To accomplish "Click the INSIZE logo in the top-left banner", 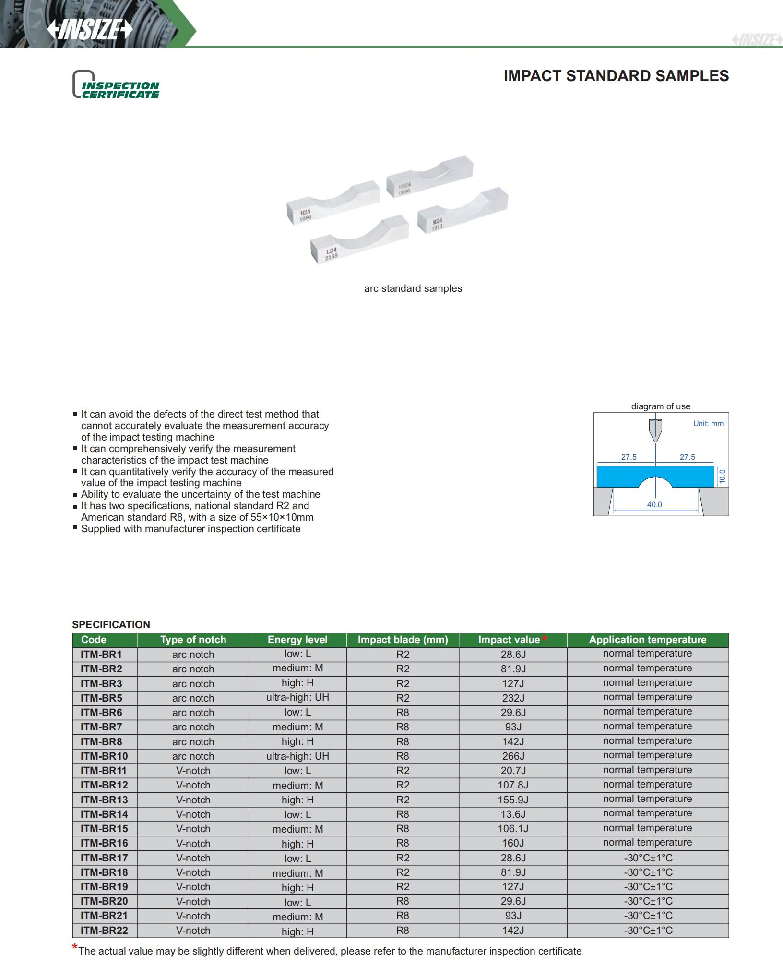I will [x=90, y=30].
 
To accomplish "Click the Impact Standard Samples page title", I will [x=616, y=76].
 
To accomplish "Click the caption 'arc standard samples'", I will [x=413, y=288].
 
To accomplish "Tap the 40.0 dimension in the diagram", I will [x=654, y=504].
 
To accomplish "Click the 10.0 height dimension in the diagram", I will [x=723, y=477].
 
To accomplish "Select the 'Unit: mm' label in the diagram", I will [x=708, y=423].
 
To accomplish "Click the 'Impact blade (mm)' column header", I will [x=403, y=640].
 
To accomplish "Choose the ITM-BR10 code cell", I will [x=104, y=756].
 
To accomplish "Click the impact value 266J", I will [x=512, y=756].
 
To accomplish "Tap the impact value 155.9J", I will [x=512, y=800].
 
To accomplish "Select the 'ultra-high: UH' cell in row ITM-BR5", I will [x=297, y=697].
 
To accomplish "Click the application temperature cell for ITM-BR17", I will [x=648, y=858].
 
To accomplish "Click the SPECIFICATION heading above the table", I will [x=111, y=624].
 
